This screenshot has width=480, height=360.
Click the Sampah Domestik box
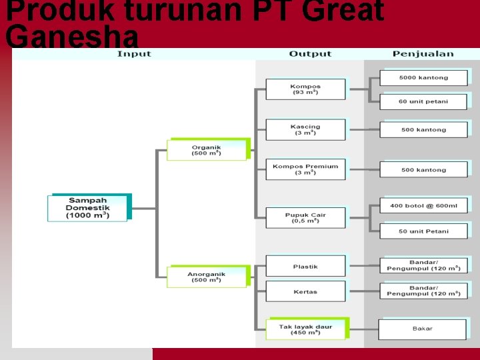pos(87,208)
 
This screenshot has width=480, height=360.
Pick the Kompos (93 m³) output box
pos(305,89)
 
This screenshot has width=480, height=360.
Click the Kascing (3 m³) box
pos(305,129)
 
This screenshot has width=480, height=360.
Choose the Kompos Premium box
pos(305,169)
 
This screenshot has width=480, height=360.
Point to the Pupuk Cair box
pos(305,218)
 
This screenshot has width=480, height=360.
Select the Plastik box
pos(305,267)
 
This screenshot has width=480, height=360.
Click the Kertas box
pos(305,291)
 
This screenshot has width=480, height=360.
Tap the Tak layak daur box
pos(305,329)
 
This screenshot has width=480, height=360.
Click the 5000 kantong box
pos(423,78)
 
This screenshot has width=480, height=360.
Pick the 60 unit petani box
pos(423,101)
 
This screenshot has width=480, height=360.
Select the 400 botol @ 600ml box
pos(423,206)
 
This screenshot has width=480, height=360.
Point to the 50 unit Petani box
pos(423,231)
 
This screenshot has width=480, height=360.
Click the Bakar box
pos(422,329)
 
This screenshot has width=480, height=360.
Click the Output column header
pos(310,54)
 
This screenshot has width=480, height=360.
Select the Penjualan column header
pos(423,54)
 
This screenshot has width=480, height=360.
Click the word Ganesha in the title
pos(72,37)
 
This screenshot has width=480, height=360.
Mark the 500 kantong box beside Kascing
pos(423,129)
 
